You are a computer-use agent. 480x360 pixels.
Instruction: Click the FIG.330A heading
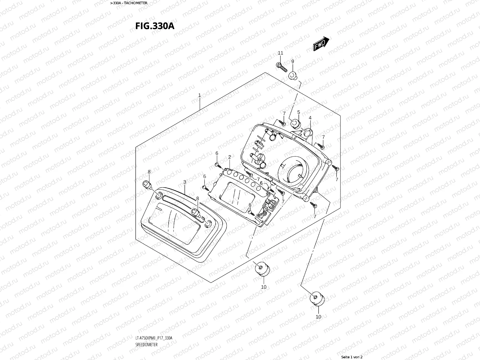click(155, 26)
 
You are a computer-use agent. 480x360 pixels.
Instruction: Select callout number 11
click(280, 53)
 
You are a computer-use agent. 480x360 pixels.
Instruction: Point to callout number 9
click(292, 61)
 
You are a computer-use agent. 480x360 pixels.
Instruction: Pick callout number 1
click(199, 95)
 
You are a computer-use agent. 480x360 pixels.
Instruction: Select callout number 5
click(298, 112)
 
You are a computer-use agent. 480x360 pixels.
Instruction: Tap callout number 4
click(310, 118)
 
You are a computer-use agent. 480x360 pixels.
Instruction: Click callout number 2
click(229, 157)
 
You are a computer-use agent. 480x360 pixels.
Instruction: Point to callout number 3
click(184, 182)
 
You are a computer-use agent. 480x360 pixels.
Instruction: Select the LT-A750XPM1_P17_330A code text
click(154, 338)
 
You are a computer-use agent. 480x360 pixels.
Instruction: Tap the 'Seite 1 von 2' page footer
click(352, 357)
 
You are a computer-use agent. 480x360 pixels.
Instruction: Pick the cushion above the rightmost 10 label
click(316, 298)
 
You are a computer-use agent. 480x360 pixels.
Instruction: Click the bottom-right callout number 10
click(318, 316)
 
